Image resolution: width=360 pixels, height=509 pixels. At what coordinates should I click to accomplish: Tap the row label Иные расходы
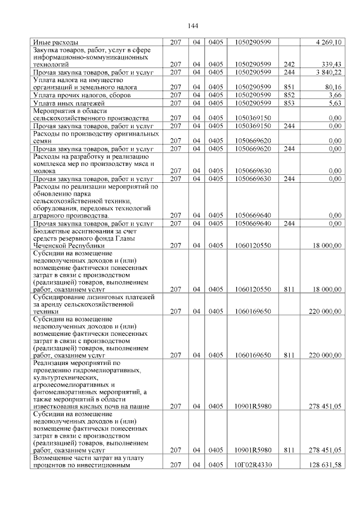tap(56, 42)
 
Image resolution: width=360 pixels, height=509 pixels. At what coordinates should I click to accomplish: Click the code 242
tap(290, 65)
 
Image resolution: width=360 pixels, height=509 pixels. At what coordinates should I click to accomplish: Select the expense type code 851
tap(290, 88)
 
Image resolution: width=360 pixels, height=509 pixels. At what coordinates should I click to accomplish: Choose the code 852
tap(290, 96)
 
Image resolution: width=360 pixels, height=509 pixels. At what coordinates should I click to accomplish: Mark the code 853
tap(290, 103)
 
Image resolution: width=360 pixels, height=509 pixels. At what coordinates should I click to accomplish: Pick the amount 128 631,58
tap(325, 465)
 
